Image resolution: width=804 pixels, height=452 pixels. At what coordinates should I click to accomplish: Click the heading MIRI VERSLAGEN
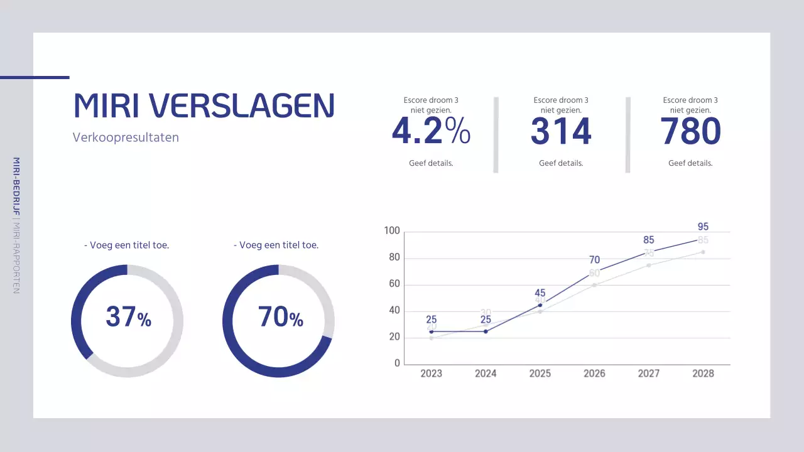(x=204, y=105)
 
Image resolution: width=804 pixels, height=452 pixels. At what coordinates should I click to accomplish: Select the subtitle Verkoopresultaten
(x=126, y=137)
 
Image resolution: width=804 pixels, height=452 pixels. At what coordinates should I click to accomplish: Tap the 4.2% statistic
(x=431, y=132)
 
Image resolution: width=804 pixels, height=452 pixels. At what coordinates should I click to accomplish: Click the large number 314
(x=561, y=132)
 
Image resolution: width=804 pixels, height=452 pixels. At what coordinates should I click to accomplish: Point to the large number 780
(x=690, y=132)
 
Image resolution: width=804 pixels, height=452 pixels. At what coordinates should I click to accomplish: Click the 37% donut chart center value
(x=128, y=317)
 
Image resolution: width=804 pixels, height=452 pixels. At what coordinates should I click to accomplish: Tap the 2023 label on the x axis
(x=431, y=374)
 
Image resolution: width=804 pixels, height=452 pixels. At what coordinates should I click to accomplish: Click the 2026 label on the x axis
(x=594, y=374)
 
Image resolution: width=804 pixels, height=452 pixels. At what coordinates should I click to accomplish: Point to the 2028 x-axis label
(x=703, y=374)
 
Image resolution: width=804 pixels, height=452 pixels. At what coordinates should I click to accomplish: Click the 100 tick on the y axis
(x=392, y=231)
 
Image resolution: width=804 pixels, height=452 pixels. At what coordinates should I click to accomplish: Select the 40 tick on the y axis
(x=393, y=311)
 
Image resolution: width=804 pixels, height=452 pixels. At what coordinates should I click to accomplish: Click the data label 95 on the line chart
(x=703, y=227)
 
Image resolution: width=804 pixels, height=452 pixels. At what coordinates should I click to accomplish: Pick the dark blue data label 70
(x=594, y=260)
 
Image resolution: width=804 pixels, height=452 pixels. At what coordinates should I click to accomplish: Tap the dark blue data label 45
(x=540, y=293)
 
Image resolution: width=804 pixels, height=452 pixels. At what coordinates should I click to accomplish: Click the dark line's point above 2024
(x=486, y=331)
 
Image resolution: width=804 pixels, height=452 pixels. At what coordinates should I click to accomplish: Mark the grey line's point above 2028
(x=703, y=252)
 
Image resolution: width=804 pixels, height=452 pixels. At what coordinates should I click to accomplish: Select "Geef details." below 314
(x=561, y=163)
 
